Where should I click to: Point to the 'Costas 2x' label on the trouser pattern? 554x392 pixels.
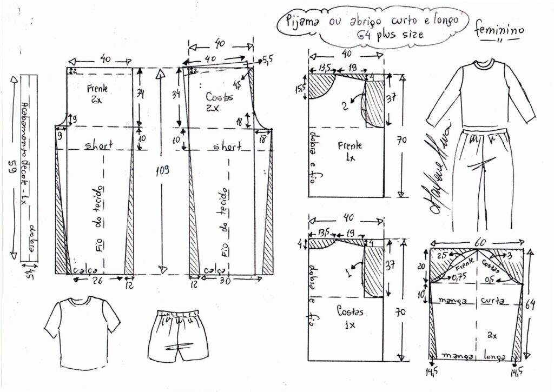(220, 100)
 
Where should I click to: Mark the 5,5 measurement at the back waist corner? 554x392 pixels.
(268, 58)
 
